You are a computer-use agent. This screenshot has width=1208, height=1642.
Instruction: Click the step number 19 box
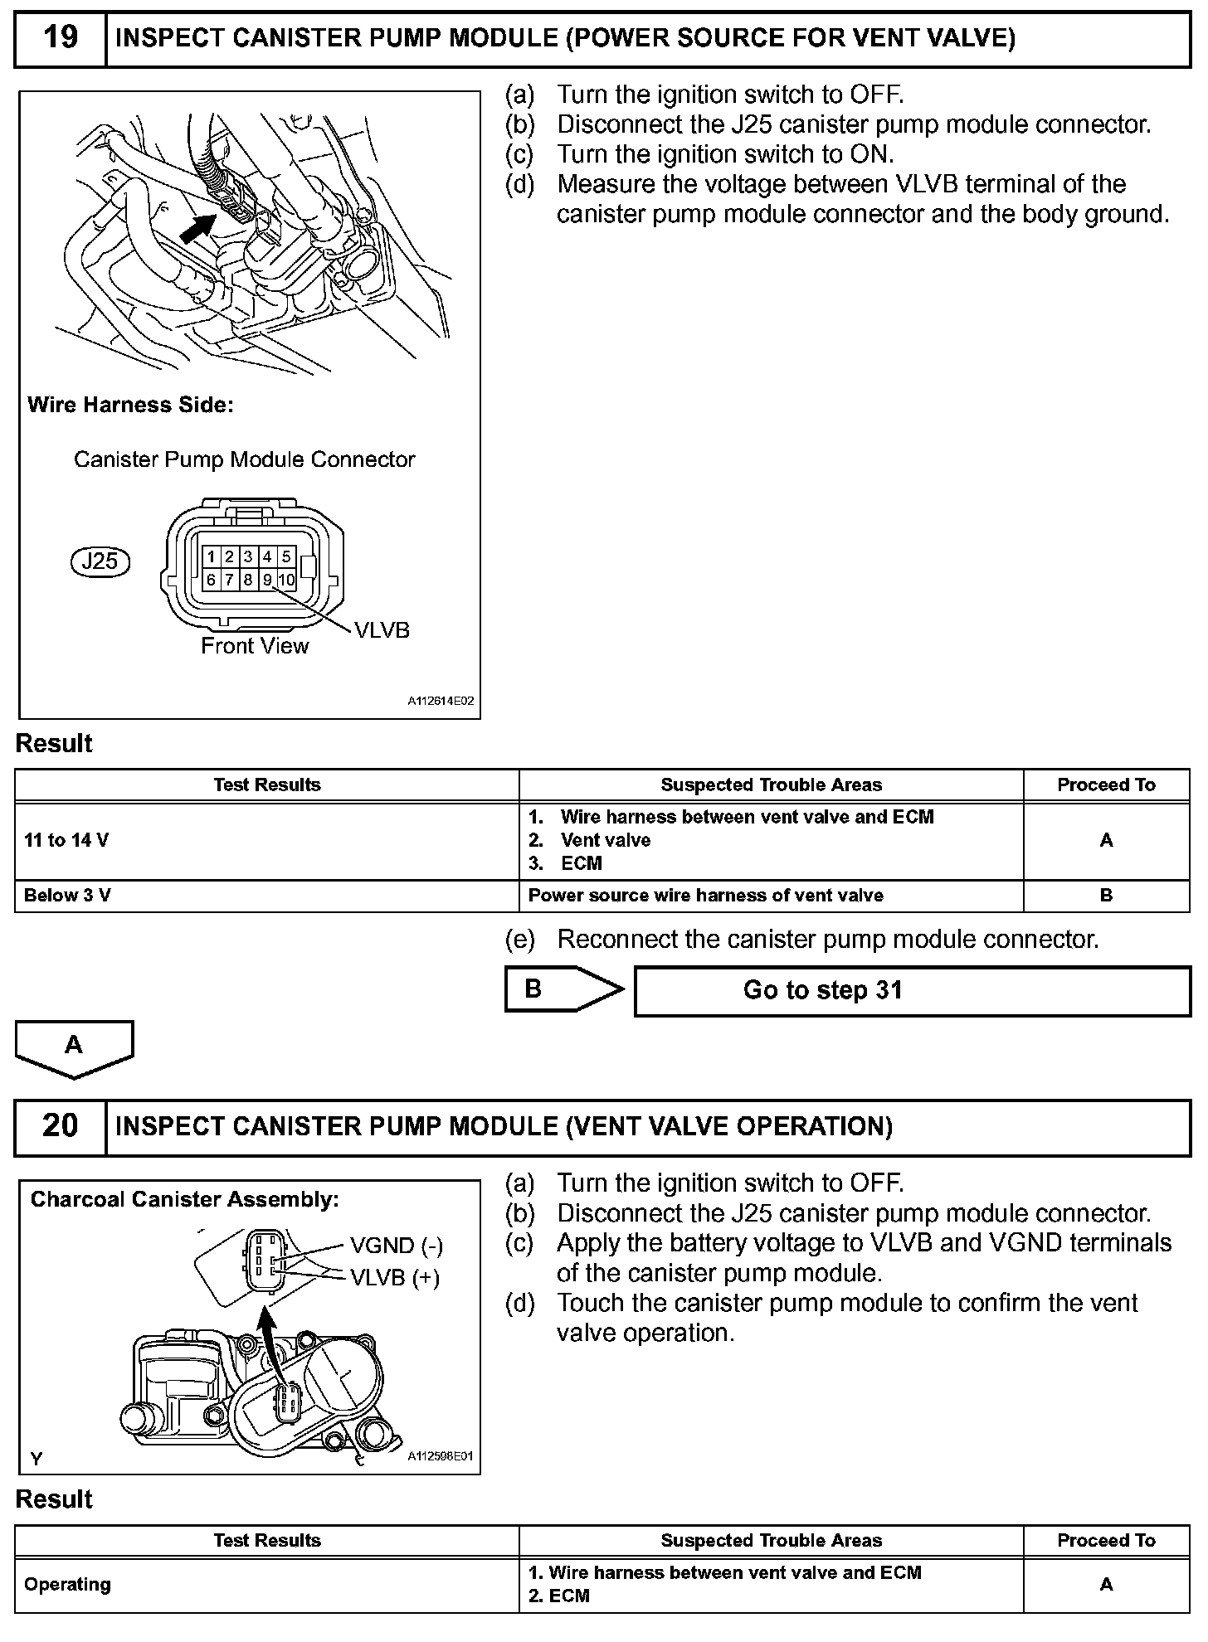pyautogui.click(x=61, y=38)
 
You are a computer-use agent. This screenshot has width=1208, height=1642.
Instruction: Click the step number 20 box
pyautogui.click(x=61, y=1126)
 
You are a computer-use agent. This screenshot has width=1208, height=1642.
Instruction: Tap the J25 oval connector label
pyautogui.click(x=100, y=561)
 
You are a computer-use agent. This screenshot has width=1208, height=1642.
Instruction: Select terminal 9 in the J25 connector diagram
pyautogui.click(x=267, y=580)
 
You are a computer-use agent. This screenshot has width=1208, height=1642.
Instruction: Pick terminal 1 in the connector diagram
pyautogui.click(x=212, y=556)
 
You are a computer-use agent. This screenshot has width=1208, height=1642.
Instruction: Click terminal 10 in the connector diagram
pyautogui.click(x=286, y=580)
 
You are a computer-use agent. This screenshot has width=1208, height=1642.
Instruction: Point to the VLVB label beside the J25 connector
pyautogui.click(x=382, y=630)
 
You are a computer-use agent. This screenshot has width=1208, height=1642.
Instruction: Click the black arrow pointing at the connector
pyautogui.click(x=199, y=226)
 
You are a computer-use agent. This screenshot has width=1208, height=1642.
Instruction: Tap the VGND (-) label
pyautogui.click(x=397, y=1246)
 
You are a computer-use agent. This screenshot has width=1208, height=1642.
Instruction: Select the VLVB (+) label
pyautogui.click(x=395, y=1277)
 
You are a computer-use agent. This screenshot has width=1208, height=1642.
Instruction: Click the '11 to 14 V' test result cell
pyautogui.click(x=66, y=840)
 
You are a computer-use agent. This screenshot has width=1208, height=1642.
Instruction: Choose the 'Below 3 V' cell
pyautogui.click(x=67, y=896)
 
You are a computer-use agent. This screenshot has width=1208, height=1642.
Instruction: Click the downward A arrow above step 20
pyautogui.click(x=74, y=1047)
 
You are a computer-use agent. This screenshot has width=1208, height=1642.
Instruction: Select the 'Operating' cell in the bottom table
pyautogui.click(x=67, y=1584)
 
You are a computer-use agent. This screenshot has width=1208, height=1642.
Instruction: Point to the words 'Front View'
pyautogui.click(x=255, y=646)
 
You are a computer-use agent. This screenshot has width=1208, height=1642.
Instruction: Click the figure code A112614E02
pyautogui.click(x=441, y=702)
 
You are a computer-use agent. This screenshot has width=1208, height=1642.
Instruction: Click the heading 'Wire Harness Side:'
pyautogui.click(x=130, y=405)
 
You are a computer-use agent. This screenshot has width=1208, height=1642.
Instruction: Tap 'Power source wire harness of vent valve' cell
pyautogui.click(x=705, y=896)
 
